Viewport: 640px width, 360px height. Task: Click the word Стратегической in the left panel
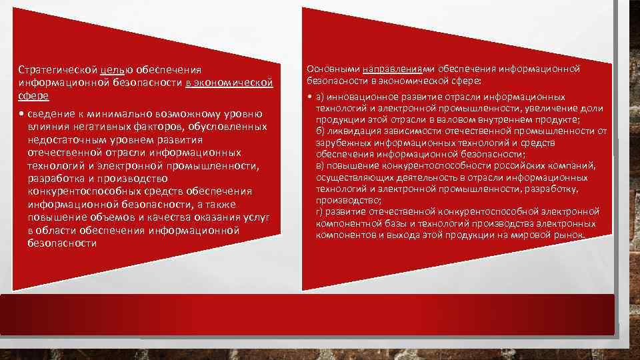(51, 69)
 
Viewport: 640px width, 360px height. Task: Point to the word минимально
(127, 113)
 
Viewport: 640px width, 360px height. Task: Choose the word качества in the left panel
(165, 217)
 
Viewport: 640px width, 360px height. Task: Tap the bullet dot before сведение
(23, 113)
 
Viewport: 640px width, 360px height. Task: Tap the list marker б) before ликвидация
(320, 131)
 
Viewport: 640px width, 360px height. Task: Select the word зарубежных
(339, 143)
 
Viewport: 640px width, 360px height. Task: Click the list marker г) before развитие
(320, 211)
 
